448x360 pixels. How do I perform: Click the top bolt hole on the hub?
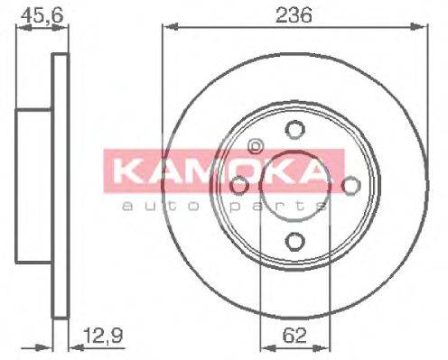(293, 128)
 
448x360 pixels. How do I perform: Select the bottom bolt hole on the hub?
(293, 241)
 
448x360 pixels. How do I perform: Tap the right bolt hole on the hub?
(350, 185)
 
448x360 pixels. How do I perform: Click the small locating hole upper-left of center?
(255, 145)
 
